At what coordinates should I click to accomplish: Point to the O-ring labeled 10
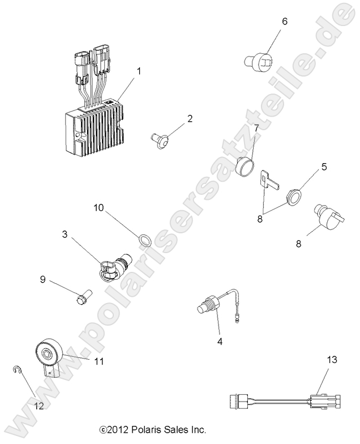click(x=130, y=241)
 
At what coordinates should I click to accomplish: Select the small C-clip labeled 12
click(x=18, y=371)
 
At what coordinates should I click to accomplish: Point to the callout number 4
click(x=220, y=341)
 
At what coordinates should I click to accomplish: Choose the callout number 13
click(x=332, y=359)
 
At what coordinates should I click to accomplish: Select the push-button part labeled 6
click(x=259, y=59)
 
